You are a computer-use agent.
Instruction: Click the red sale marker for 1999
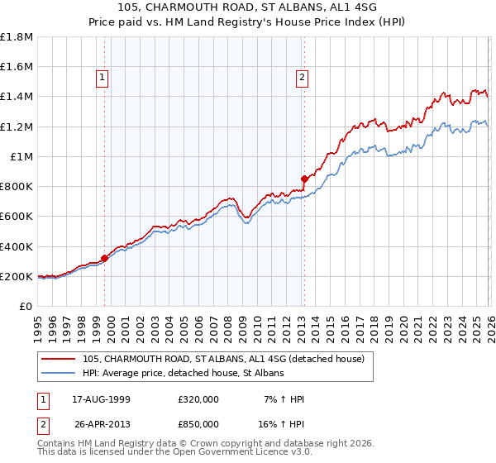tap(105, 258)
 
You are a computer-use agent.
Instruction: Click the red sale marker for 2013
tap(304, 179)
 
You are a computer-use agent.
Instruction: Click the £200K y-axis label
tap(17, 276)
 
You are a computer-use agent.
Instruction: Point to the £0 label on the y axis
tap(26, 307)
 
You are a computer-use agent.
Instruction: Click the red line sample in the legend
tap(60, 359)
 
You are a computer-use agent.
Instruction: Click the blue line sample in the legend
tap(60, 374)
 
